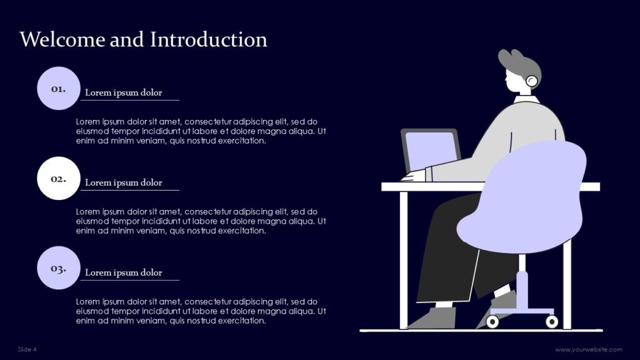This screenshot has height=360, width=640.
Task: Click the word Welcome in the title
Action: [x=62, y=39]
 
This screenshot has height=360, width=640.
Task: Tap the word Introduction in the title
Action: [x=209, y=39]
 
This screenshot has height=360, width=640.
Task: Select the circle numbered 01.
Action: [x=58, y=88]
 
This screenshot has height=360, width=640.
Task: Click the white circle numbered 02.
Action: [x=58, y=178]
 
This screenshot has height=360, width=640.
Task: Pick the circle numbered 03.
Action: [x=58, y=267]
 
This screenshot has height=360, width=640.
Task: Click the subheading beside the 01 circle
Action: [x=123, y=92]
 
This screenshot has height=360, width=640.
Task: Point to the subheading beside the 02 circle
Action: [x=123, y=182]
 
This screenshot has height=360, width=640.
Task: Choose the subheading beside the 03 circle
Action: [x=123, y=272]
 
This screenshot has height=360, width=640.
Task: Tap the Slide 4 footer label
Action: [x=27, y=349]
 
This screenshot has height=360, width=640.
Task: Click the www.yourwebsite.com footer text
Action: [x=589, y=349]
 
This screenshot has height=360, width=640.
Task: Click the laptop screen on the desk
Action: [x=431, y=151]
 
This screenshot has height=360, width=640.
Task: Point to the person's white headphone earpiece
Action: [x=531, y=81]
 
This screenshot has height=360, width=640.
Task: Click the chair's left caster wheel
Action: [x=492, y=322]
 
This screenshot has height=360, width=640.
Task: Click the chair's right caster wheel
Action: [x=552, y=322]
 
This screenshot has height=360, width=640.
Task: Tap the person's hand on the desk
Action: [x=413, y=176]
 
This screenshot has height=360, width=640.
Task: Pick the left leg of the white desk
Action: [x=403, y=260]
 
